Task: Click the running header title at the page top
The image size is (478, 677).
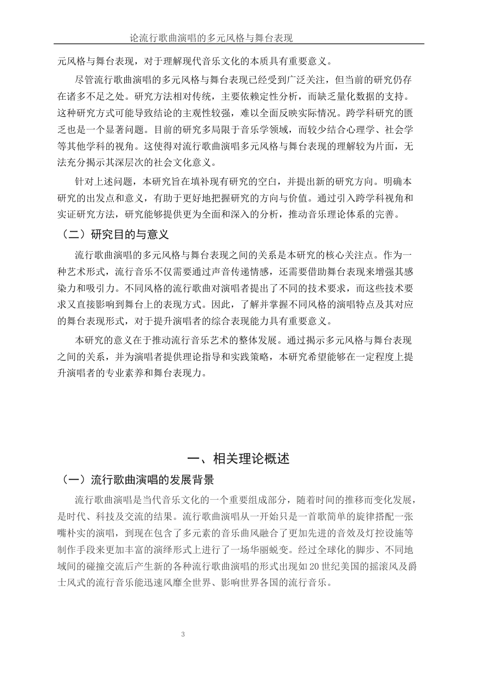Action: pos(211,38)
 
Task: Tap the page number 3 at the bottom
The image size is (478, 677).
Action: pos(184,634)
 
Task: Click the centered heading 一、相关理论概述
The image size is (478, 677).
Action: pos(238,458)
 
